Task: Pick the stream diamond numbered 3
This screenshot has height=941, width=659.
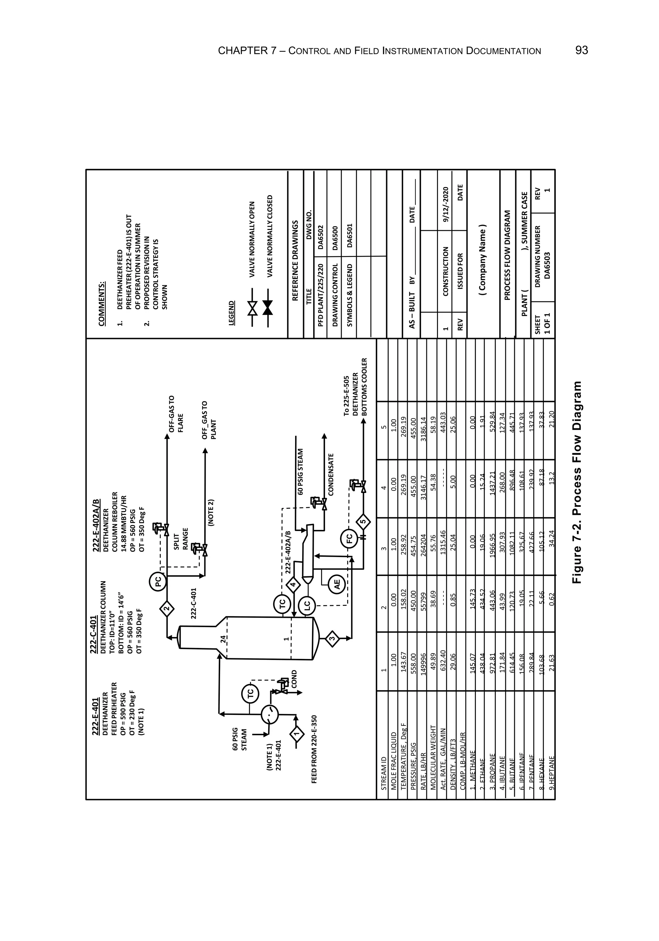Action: (333, 638)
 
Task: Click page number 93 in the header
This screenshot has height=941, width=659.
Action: (581, 50)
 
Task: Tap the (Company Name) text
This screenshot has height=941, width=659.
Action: (483, 260)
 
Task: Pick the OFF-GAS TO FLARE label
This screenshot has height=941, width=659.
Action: (176, 414)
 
